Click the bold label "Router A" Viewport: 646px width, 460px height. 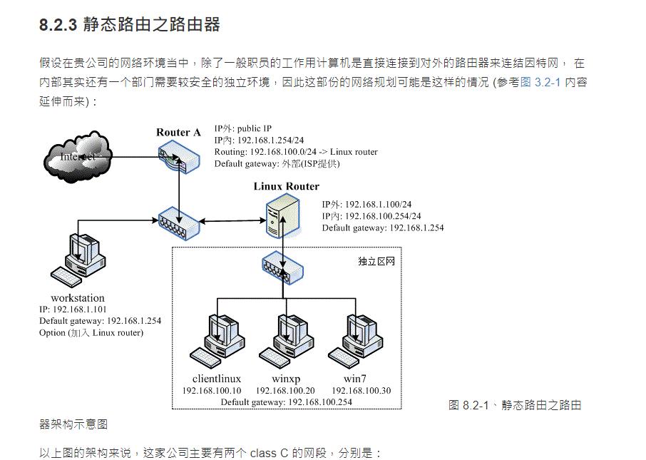coord(178,133)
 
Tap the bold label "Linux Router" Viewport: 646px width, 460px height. coord(286,187)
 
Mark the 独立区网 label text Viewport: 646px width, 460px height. coord(376,261)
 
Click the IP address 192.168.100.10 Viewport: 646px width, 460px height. coord(212,391)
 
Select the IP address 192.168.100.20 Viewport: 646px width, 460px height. coord(285,391)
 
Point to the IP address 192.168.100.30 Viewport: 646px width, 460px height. coord(361,391)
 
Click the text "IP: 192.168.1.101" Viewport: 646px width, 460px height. coord(73,310)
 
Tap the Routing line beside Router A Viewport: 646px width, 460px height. coord(296,152)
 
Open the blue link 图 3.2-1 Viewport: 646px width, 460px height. coord(540,82)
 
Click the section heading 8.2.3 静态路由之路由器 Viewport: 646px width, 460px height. coord(129,25)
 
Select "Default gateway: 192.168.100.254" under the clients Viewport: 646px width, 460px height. coord(286,402)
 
